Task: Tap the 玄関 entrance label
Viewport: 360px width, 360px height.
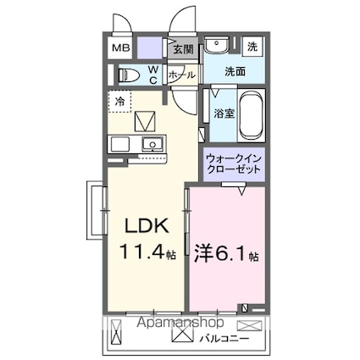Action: coord(183,49)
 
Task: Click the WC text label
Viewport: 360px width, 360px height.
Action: coord(153,74)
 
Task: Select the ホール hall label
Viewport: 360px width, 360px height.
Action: coord(182,75)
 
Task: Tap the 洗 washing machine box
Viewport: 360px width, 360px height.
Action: coord(253,46)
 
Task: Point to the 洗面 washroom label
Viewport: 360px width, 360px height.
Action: coord(235,73)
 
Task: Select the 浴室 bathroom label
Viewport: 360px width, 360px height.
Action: coord(224,112)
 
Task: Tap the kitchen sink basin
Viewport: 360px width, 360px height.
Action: coord(152,142)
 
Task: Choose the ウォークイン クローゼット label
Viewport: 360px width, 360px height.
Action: coord(234,163)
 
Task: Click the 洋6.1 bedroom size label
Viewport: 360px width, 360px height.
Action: coord(225,252)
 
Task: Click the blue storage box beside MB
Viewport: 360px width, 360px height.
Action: coord(149,47)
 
